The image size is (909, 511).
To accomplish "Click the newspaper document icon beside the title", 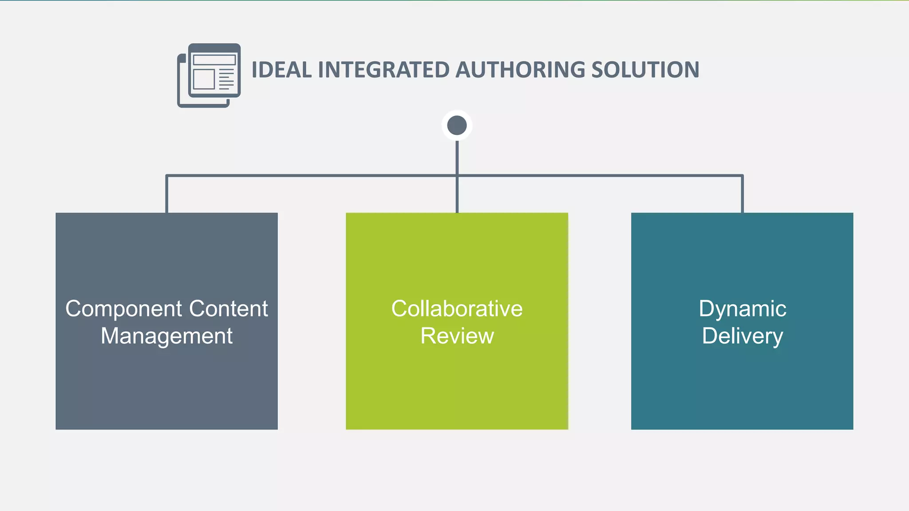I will click(209, 75).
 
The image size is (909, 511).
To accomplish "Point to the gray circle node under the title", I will click(457, 125).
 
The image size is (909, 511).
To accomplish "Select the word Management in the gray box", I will click(166, 336).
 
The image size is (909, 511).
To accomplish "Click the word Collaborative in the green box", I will click(457, 309).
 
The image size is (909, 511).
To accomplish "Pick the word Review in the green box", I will click(457, 336).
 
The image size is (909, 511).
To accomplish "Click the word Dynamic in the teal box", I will click(742, 309).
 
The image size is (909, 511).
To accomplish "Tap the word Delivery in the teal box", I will click(742, 336).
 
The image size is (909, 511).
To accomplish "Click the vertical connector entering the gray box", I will click(166, 195).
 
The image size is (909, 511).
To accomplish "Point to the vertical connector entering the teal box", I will click(742, 195).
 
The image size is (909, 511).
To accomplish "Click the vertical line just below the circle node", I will click(457, 155).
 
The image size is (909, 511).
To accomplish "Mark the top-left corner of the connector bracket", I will click(167, 176).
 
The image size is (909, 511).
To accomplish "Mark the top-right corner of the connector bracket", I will click(742, 176).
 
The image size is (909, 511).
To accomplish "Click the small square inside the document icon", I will click(204, 79).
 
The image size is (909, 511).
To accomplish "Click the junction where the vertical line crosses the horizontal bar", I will click(457, 176).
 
